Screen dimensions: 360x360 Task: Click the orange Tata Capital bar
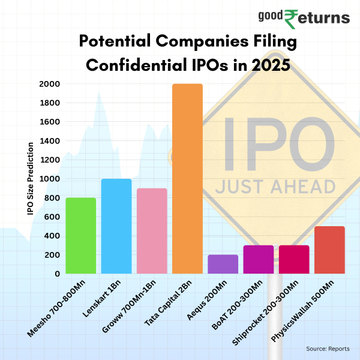pos(187,179)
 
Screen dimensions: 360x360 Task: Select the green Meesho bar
pos(80,236)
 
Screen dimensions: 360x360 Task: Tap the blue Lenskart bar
pos(116,226)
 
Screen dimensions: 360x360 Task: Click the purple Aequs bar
pos(223,264)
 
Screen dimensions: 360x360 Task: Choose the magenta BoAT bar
pos(259,259)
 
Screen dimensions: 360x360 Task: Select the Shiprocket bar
pos(294,259)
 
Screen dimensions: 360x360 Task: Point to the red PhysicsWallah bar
pos(329,250)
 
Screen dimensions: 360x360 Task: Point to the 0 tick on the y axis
pos(57,274)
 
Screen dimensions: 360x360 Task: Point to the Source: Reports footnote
pos(327,349)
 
